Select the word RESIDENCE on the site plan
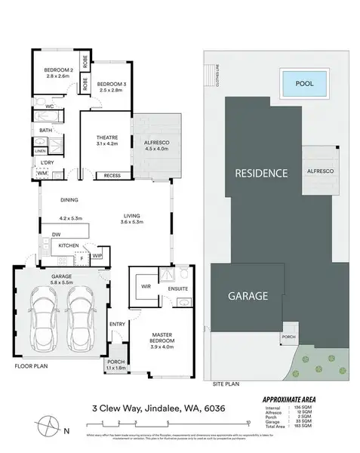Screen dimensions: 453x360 (261, 173)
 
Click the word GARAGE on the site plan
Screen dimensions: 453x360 (248, 297)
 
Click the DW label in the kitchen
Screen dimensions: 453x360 (57, 235)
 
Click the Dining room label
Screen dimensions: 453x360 (69, 200)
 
